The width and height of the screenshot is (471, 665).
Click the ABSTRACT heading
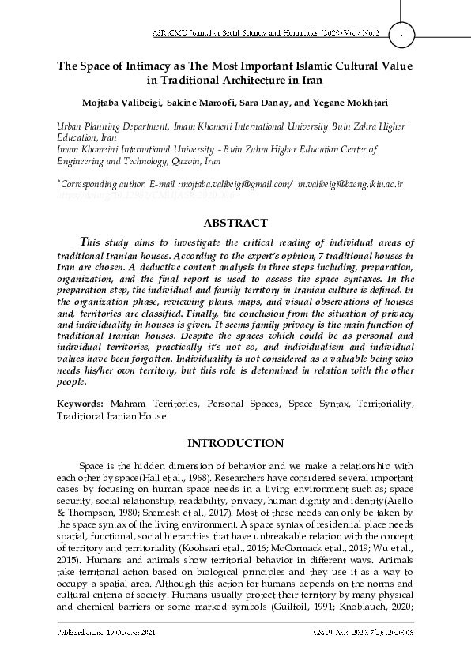click(236, 223)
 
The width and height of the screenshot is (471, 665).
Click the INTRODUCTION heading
click(235, 443)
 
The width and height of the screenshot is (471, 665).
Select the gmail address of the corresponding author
click(235, 183)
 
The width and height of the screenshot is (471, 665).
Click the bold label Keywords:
click(79, 404)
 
